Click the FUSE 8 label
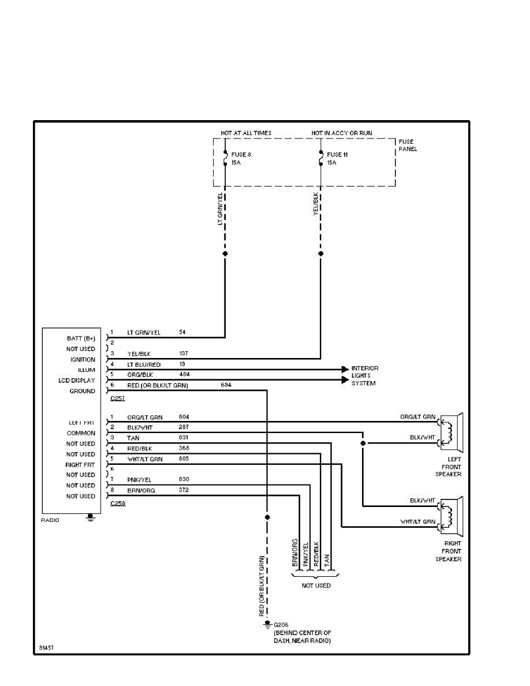pos(241,155)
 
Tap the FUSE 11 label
pos(337,155)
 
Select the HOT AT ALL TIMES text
pos(246,133)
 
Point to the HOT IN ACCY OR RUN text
pos(342,133)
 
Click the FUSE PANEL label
pos(406,146)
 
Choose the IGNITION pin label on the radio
pos(83,359)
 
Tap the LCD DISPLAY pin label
pos(77,381)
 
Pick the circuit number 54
pos(182,333)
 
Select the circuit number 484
pos(184,375)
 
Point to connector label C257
pos(117,398)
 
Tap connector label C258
pos(117,504)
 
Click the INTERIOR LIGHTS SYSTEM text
pos(365,376)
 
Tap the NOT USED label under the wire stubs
pos(316,586)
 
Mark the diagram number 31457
pos(47,648)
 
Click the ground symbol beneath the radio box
pos(89,518)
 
